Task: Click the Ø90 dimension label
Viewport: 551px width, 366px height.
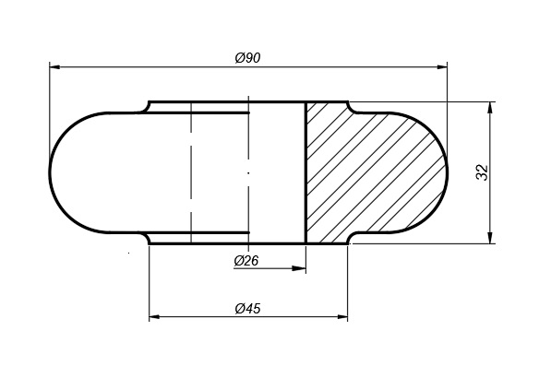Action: [x=247, y=58]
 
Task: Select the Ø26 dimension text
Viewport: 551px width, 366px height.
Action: [x=246, y=261]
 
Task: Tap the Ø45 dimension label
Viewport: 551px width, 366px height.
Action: [x=247, y=309]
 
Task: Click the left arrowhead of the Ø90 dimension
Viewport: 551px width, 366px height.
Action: [x=54, y=66]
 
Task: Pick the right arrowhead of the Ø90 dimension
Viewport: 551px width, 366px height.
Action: [x=442, y=67]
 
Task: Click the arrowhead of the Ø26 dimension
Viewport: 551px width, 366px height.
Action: [x=300, y=268]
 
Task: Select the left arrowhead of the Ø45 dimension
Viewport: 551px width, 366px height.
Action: [x=155, y=317]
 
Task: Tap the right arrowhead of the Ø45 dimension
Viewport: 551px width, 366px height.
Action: [x=342, y=317]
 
